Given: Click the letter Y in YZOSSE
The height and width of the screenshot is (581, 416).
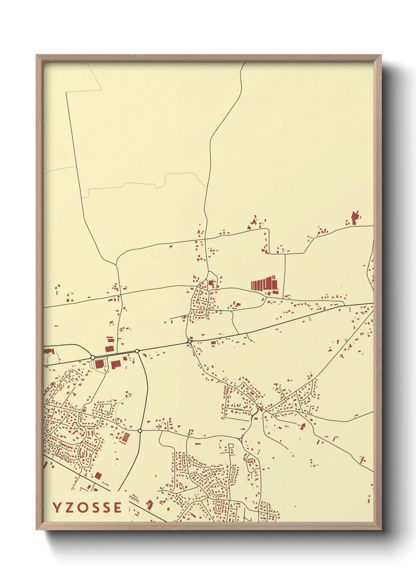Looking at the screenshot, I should [57, 508].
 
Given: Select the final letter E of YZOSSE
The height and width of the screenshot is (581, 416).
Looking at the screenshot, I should [118, 508].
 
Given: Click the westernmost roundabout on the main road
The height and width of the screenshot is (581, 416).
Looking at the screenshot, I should [93, 357].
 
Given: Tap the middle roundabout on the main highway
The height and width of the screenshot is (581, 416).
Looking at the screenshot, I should [137, 351].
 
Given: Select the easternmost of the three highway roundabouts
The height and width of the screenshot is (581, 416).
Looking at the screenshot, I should [190, 342].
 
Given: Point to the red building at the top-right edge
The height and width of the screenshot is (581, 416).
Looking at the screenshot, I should [355, 217].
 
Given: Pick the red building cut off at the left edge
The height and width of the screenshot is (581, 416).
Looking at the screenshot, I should [48, 351].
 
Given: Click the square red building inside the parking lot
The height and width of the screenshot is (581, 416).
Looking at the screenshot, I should [99, 364].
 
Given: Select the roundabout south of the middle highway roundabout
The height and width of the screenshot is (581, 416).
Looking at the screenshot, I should [140, 431].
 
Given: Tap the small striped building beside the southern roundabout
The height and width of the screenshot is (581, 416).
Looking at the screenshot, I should [125, 437].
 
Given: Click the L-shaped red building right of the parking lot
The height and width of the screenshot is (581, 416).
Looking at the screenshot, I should [116, 365].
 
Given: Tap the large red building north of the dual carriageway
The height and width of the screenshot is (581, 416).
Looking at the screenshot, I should [109, 349].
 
